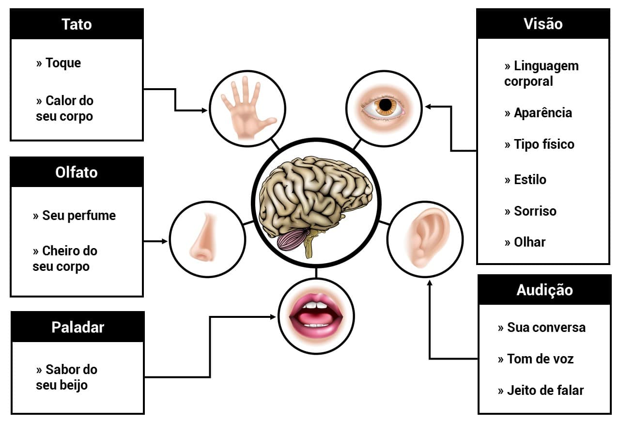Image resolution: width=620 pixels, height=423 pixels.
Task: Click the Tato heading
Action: click(x=77, y=24)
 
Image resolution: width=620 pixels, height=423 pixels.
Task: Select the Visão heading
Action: click(x=543, y=24)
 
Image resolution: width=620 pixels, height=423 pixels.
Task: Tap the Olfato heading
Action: click(x=77, y=172)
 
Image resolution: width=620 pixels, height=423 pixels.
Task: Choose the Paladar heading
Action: click(x=77, y=327)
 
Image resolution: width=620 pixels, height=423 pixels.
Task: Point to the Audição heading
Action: click(x=544, y=290)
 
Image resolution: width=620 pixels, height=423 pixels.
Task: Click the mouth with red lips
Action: click(x=316, y=315)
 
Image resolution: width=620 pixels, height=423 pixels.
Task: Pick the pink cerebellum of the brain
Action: click(x=292, y=239)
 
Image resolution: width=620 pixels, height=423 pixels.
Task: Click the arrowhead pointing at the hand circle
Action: click(x=205, y=110)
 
